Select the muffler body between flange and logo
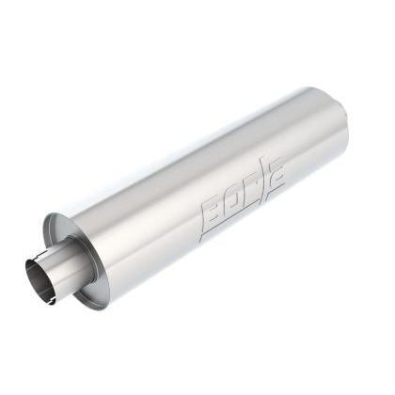(x=150, y=235)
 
